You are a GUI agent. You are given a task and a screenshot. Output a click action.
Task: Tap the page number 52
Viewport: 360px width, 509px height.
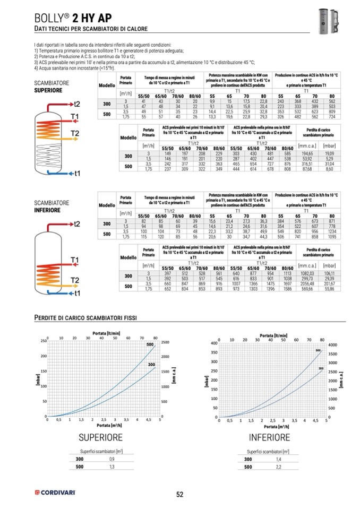click(x=179, y=494)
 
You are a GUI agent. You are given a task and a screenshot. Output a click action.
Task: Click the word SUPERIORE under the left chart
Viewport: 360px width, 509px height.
click(x=100, y=437)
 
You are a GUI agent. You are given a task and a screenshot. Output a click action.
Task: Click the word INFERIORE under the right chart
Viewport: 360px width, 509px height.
click(x=270, y=437)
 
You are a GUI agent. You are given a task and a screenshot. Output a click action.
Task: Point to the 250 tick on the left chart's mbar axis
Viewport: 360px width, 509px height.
click(x=43, y=341)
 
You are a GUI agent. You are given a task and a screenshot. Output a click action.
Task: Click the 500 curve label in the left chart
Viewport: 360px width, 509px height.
click(x=149, y=345)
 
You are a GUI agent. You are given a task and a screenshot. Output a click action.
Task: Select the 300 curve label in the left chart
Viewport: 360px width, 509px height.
click(x=151, y=365)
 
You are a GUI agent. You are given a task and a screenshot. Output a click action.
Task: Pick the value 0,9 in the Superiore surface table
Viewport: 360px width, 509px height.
click(x=112, y=459)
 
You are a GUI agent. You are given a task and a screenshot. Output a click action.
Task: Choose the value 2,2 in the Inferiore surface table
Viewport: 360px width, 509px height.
click(x=278, y=467)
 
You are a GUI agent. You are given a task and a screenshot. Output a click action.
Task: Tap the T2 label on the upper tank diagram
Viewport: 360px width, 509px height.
click(x=75, y=132)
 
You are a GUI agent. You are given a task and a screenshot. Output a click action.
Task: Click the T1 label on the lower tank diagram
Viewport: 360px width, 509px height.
click(x=75, y=260)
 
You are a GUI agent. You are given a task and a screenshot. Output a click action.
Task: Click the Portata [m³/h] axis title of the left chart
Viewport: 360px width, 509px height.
click(x=104, y=425)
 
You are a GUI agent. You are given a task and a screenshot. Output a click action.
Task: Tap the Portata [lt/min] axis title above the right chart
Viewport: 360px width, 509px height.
click(x=274, y=335)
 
